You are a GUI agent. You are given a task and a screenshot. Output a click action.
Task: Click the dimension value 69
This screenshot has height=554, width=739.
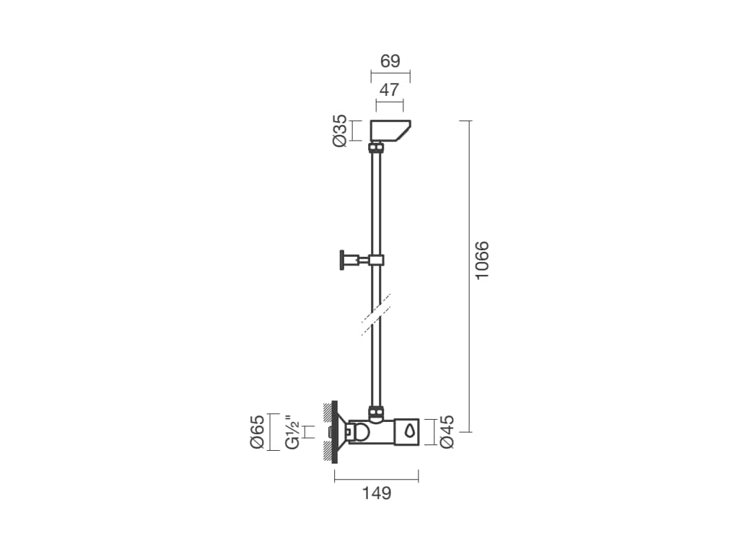point(390,61)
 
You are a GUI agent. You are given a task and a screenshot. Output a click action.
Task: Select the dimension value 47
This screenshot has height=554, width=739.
point(389,89)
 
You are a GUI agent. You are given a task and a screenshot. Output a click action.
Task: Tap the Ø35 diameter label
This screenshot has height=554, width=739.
point(340,131)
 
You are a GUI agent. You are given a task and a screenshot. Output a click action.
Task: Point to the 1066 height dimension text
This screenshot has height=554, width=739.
point(482,260)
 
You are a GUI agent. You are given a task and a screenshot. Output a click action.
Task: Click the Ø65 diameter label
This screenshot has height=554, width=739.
point(258,432)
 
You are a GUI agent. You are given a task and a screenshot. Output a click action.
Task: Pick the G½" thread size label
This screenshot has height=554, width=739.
point(293,432)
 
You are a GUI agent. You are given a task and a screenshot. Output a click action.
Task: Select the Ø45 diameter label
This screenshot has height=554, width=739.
point(446,431)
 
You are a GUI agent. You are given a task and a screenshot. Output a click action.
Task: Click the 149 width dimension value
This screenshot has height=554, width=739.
point(377,493)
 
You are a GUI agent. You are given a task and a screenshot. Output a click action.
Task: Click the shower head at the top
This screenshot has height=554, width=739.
point(390,131)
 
